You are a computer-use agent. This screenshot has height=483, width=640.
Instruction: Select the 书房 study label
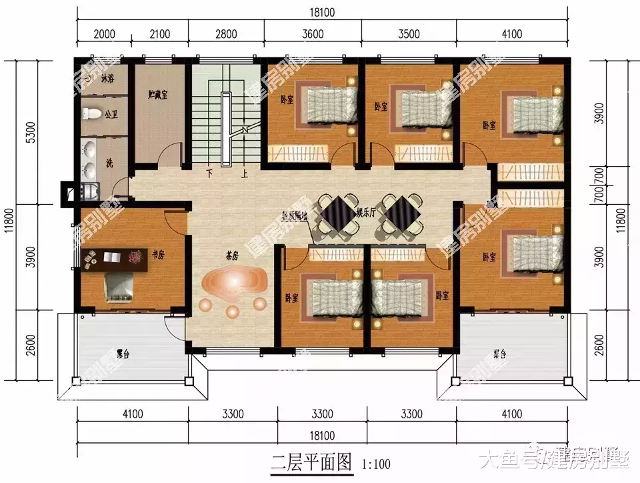157,254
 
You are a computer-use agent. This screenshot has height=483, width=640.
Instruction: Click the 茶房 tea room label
233,254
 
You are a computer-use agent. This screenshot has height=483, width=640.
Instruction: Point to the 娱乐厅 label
367,212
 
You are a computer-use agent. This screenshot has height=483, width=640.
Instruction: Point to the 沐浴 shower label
107,78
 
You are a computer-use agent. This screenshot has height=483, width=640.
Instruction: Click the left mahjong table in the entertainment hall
338,213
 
